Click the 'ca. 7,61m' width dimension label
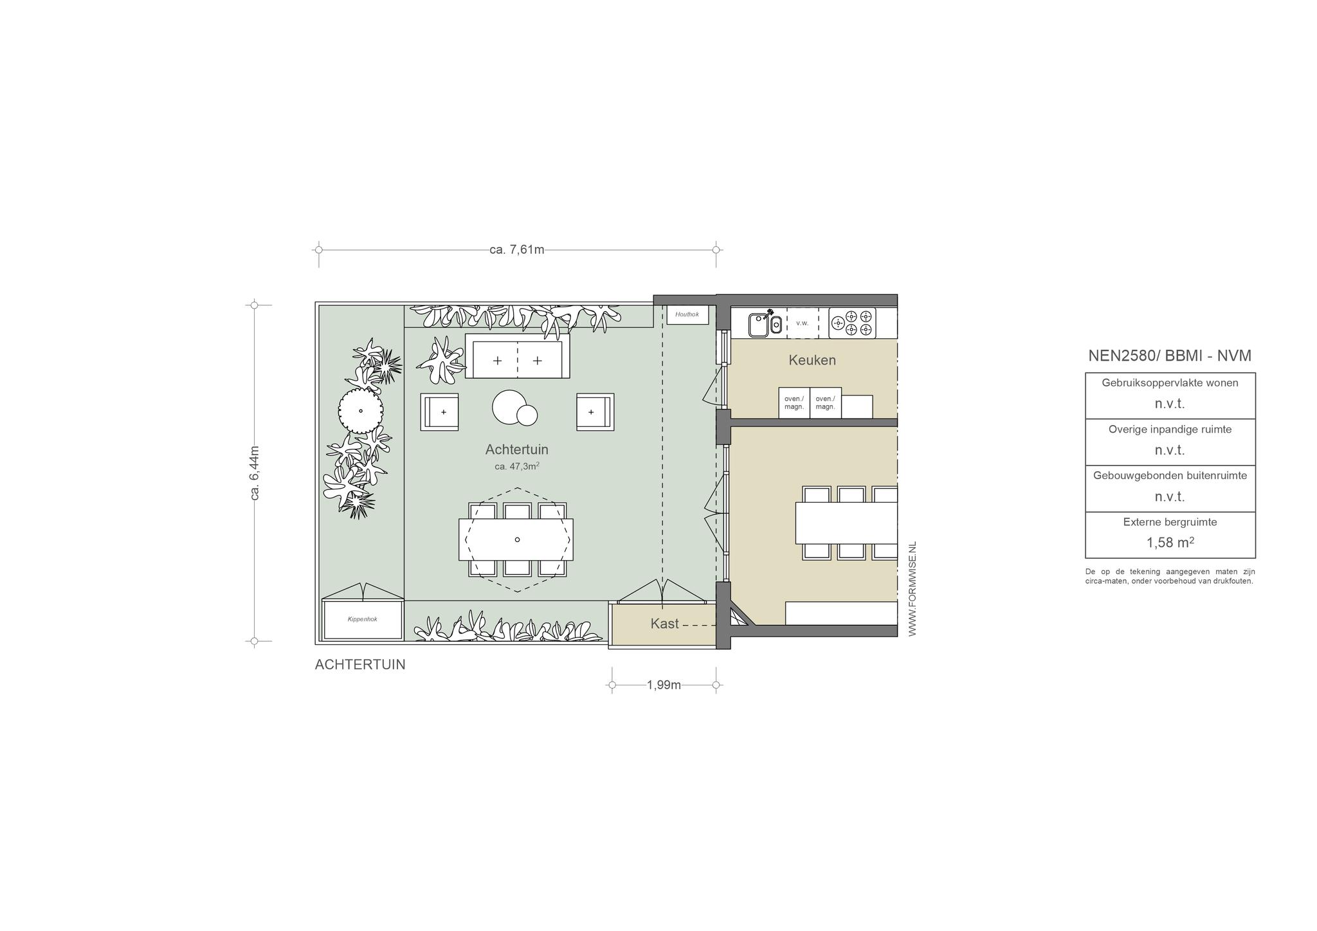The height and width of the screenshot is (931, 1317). tap(517, 249)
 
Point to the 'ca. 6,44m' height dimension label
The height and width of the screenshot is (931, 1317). tap(255, 473)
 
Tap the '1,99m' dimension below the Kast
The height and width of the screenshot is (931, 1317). tap(664, 685)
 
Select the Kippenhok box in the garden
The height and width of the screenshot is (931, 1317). tap(363, 619)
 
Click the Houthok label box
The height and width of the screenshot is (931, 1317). tap(687, 314)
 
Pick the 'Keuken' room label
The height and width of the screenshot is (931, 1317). tap(812, 360)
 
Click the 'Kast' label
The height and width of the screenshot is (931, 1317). tap(664, 624)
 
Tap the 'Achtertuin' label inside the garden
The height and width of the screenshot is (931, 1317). tap(516, 449)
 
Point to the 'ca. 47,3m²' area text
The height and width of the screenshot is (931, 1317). tap(516, 466)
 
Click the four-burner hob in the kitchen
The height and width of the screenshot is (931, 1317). tap(852, 323)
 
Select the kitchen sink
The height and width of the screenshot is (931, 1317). tap(765, 323)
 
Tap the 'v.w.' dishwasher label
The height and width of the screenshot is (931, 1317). tap(802, 323)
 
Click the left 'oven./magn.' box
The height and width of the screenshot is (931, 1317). tap(794, 403)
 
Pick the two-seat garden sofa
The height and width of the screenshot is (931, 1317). tap(517, 356)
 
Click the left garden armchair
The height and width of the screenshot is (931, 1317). tap(440, 411)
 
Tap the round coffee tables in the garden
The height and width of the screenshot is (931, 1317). tap(514, 408)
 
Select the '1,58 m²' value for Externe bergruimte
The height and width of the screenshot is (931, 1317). tap(1170, 542)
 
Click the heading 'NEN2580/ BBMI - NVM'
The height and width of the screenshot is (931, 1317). tap(1170, 356)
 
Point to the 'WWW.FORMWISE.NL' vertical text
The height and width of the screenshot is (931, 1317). tap(912, 589)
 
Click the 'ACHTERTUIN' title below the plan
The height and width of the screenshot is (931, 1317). tap(360, 665)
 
